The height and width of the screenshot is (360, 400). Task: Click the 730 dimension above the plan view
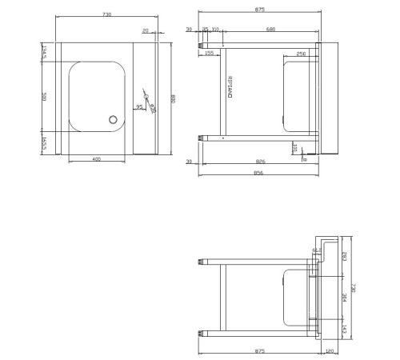click(106, 15)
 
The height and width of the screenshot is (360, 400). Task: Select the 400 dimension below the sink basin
click(96, 160)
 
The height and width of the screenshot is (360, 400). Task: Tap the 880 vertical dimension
click(173, 98)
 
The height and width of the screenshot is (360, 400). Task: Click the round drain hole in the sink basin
click(114, 121)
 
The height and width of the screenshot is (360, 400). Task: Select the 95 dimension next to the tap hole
click(140, 106)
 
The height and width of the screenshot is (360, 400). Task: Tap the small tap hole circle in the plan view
click(146, 97)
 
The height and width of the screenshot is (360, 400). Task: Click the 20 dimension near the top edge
click(145, 31)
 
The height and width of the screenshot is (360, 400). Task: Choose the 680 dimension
click(270, 30)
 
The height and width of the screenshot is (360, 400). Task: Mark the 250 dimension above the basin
click(301, 54)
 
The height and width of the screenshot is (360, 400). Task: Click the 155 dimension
click(209, 54)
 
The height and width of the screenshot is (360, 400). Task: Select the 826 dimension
click(260, 162)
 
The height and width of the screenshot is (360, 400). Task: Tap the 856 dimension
click(258, 173)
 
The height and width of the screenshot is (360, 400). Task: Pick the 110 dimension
click(216, 30)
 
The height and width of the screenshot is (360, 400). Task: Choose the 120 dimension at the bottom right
click(330, 350)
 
